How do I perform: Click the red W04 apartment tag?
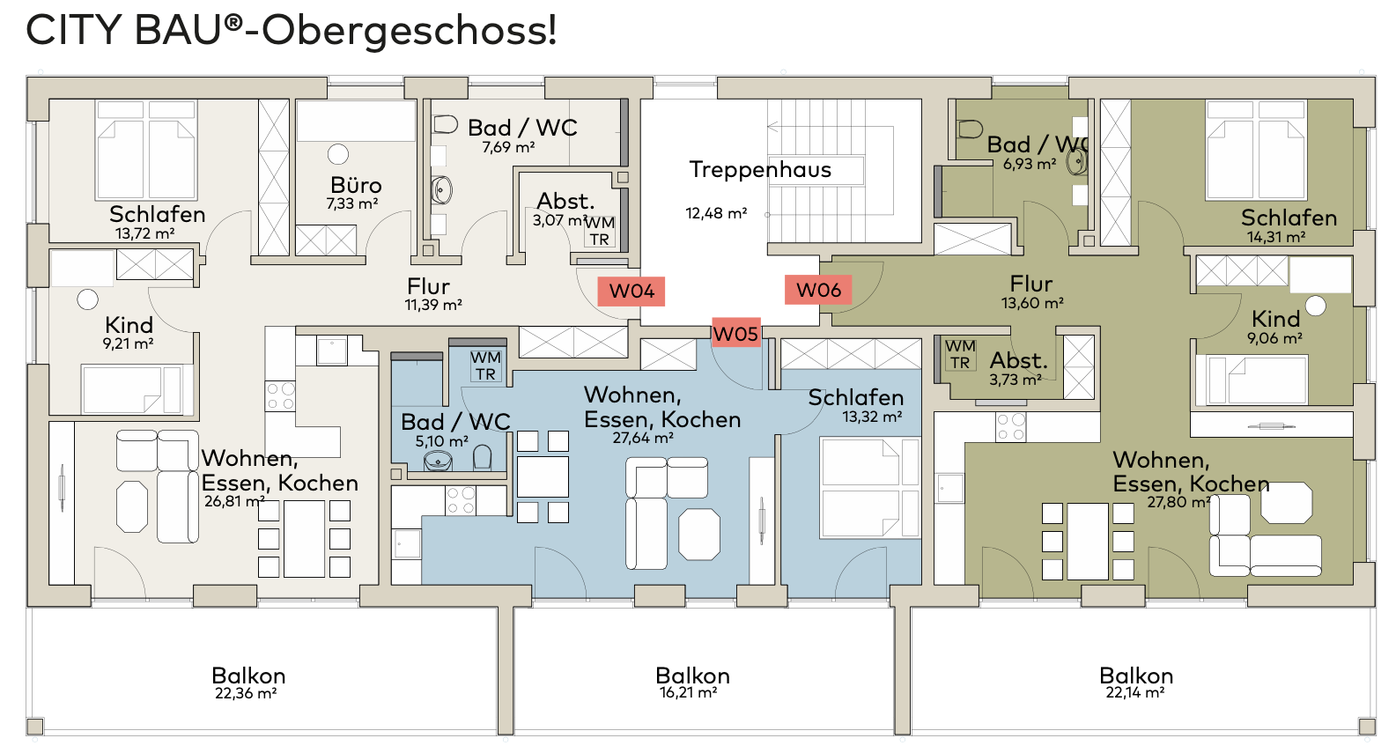(x=632, y=292)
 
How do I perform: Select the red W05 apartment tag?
(x=736, y=334)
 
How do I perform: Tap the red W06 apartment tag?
(x=818, y=290)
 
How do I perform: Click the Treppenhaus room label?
(x=760, y=170)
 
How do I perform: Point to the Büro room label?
(x=356, y=185)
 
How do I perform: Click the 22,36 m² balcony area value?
(x=246, y=693)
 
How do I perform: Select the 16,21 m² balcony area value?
(x=688, y=692)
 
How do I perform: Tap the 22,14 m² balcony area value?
(x=1135, y=692)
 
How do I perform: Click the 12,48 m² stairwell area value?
(x=716, y=213)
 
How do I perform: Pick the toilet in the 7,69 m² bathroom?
(x=445, y=124)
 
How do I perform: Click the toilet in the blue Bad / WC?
(x=482, y=458)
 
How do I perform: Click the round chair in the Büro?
(x=338, y=154)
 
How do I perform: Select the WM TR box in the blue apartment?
(x=485, y=365)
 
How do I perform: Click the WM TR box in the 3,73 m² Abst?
(x=960, y=354)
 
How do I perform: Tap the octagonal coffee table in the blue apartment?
(x=699, y=535)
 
